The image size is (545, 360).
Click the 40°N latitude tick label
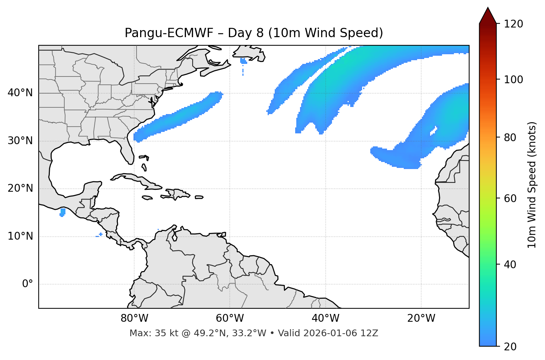tap(20, 93)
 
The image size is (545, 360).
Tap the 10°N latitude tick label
tap(20, 236)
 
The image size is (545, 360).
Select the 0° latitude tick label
tap(28, 284)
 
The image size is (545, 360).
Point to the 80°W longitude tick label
tap(134, 318)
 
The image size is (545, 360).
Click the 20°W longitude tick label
tap(421, 318)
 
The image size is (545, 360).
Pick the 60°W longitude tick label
tap(230, 318)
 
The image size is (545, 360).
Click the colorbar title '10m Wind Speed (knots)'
tap(532, 185)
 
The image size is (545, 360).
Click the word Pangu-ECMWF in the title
tap(169, 33)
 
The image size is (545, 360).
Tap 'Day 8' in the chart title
tap(246, 33)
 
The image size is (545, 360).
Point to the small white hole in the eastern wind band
tap(434, 131)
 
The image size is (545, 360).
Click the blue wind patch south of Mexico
tap(62, 212)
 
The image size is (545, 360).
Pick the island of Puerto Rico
tap(199, 197)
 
